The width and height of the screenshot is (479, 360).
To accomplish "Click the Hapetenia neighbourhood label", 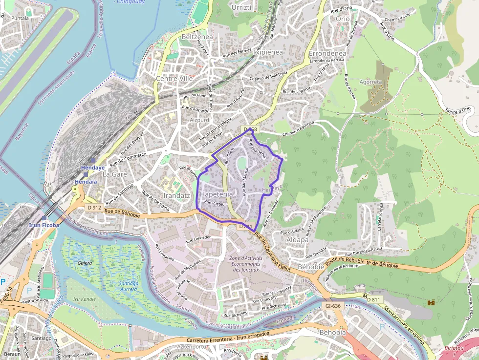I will (x=217, y=193).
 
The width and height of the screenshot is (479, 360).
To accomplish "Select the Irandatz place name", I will (x=176, y=195).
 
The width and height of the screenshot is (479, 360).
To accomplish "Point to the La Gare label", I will (x=114, y=174).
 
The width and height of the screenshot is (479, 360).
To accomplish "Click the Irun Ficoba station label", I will (x=44, y=225).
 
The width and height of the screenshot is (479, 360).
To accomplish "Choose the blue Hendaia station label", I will (x=86, y=181).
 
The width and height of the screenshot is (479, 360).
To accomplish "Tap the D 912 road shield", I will (x=94, y=208).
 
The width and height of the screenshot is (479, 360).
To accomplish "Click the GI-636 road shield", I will (x=332, y=306).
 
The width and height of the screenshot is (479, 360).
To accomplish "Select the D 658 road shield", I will (x=249, y=129).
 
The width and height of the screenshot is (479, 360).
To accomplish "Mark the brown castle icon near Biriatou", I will (x=431, y=303).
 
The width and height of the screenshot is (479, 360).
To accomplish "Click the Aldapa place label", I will (x=297, y=239).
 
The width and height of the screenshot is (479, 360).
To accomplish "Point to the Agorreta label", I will (x=370, y=82).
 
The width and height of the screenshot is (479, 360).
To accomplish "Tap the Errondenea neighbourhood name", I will (x=327, y=53).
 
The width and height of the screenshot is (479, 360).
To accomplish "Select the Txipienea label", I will (x=268, y=52).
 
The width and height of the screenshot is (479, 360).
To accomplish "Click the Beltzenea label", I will (x=197, y=37).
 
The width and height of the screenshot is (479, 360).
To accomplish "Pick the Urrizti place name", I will (x=241, y=8).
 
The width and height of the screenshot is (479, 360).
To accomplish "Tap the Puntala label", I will (x=20, y=18).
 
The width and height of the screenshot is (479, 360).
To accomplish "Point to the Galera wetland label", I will (x=85, y=263).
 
